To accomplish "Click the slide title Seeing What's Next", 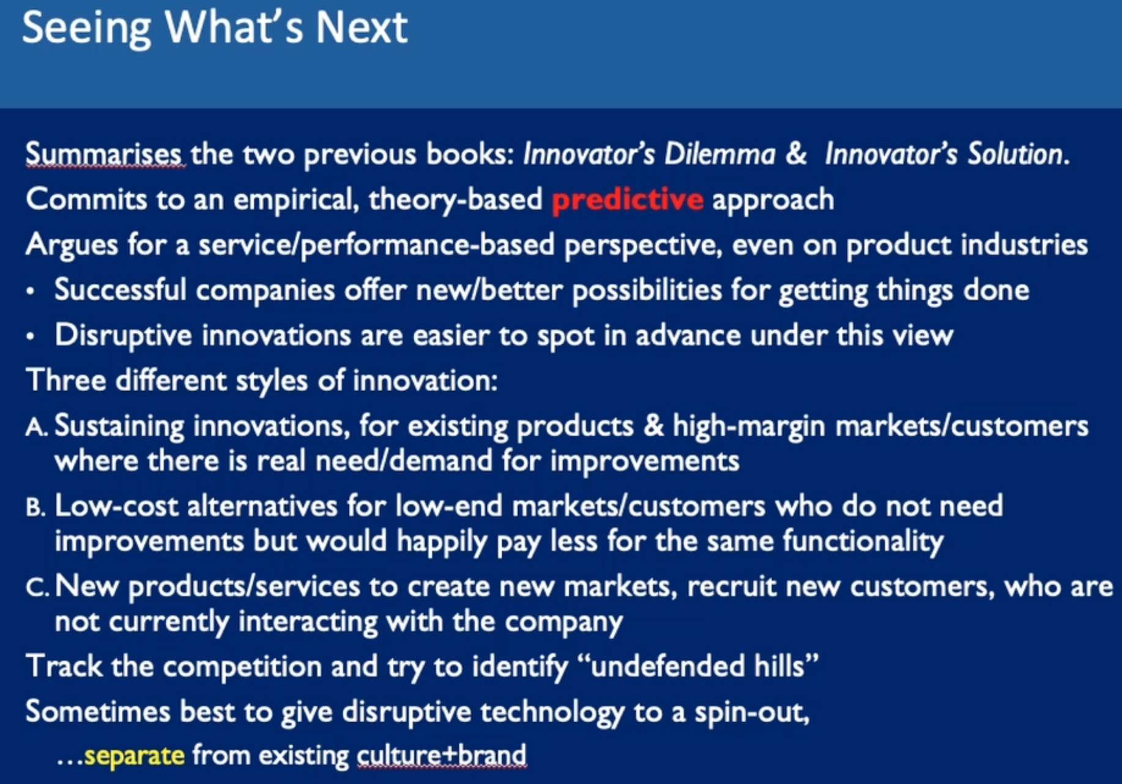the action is coord(215,28).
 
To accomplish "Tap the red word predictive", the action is coord(628,200).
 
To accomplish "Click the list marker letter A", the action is coord(36,427).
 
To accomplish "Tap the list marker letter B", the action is coord(35,507).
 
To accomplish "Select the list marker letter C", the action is coord(37,588).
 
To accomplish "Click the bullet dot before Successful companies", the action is coord(31,292).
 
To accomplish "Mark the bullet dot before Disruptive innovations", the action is coord(31,337).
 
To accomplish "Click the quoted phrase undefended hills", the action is coord(704,666).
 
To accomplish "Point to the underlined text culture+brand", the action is coord(442,755).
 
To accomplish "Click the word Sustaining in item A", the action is coord(119,427).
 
